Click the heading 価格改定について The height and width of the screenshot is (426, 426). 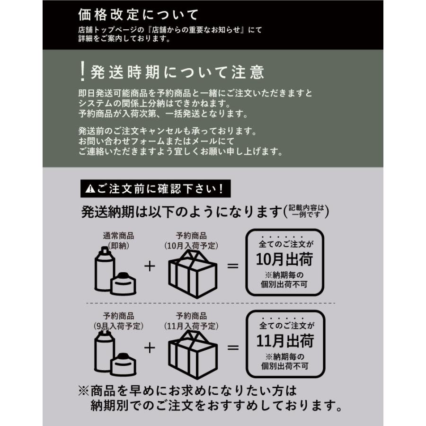tap(138, 15)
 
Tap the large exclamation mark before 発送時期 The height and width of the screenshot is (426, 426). tap(82, 71)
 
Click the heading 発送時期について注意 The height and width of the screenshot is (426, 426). tap(177, 72)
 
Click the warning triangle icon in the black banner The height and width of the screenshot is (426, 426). tap(89, 189)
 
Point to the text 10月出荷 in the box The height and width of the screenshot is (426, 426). tap(284, 259)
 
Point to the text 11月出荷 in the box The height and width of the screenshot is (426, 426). tap(284, 341)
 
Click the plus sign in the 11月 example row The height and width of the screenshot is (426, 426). tap(150, 348)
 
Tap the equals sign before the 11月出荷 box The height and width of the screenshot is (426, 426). tap(233, 348)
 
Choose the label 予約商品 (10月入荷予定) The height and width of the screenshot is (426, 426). tap(191, 240)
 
